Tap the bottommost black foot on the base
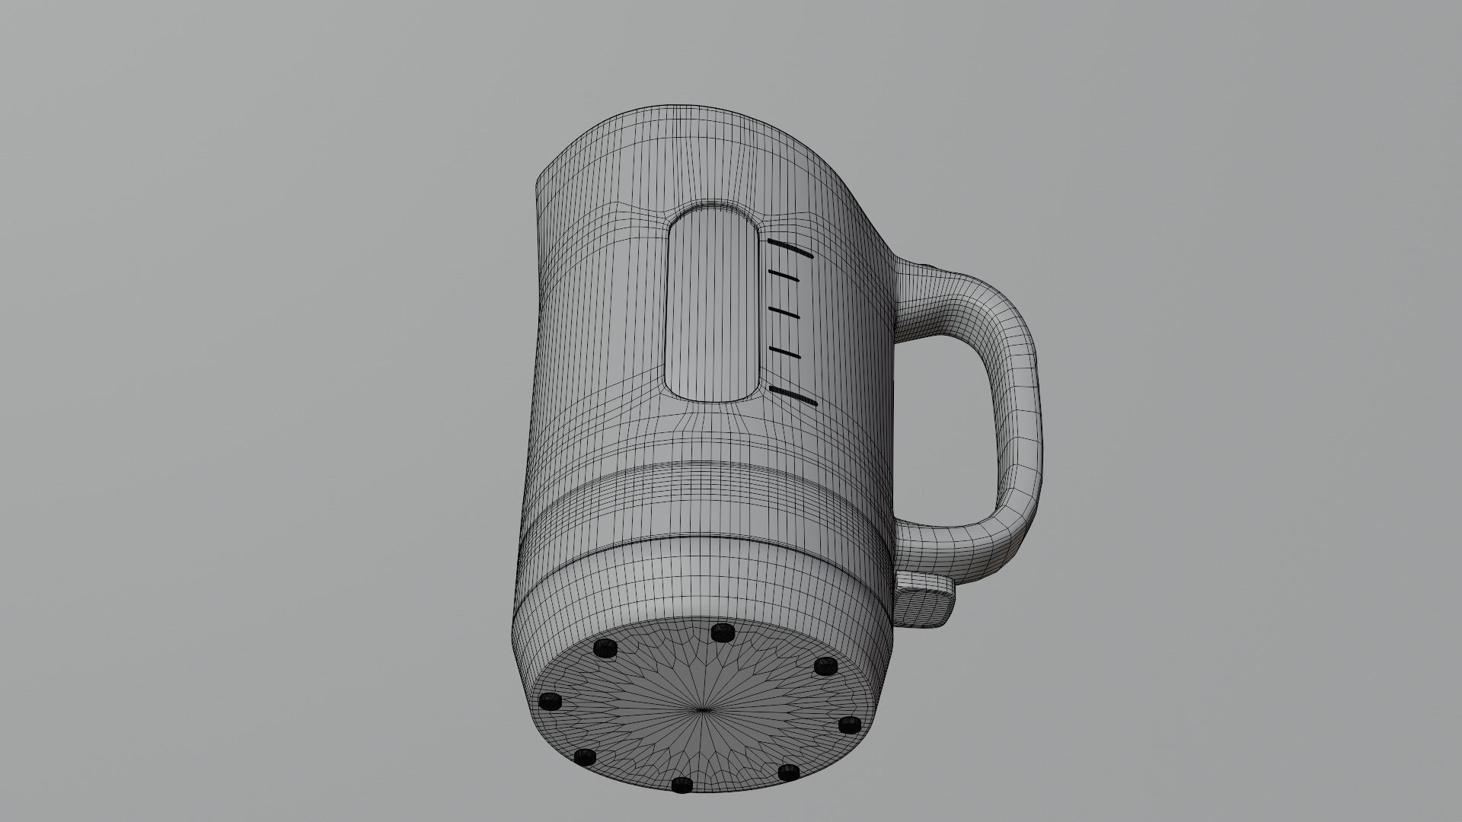682,785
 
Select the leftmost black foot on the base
550,701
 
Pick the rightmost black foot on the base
850,725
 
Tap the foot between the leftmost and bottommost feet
584,757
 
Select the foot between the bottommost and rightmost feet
788,773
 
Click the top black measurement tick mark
791,250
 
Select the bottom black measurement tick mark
793,396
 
